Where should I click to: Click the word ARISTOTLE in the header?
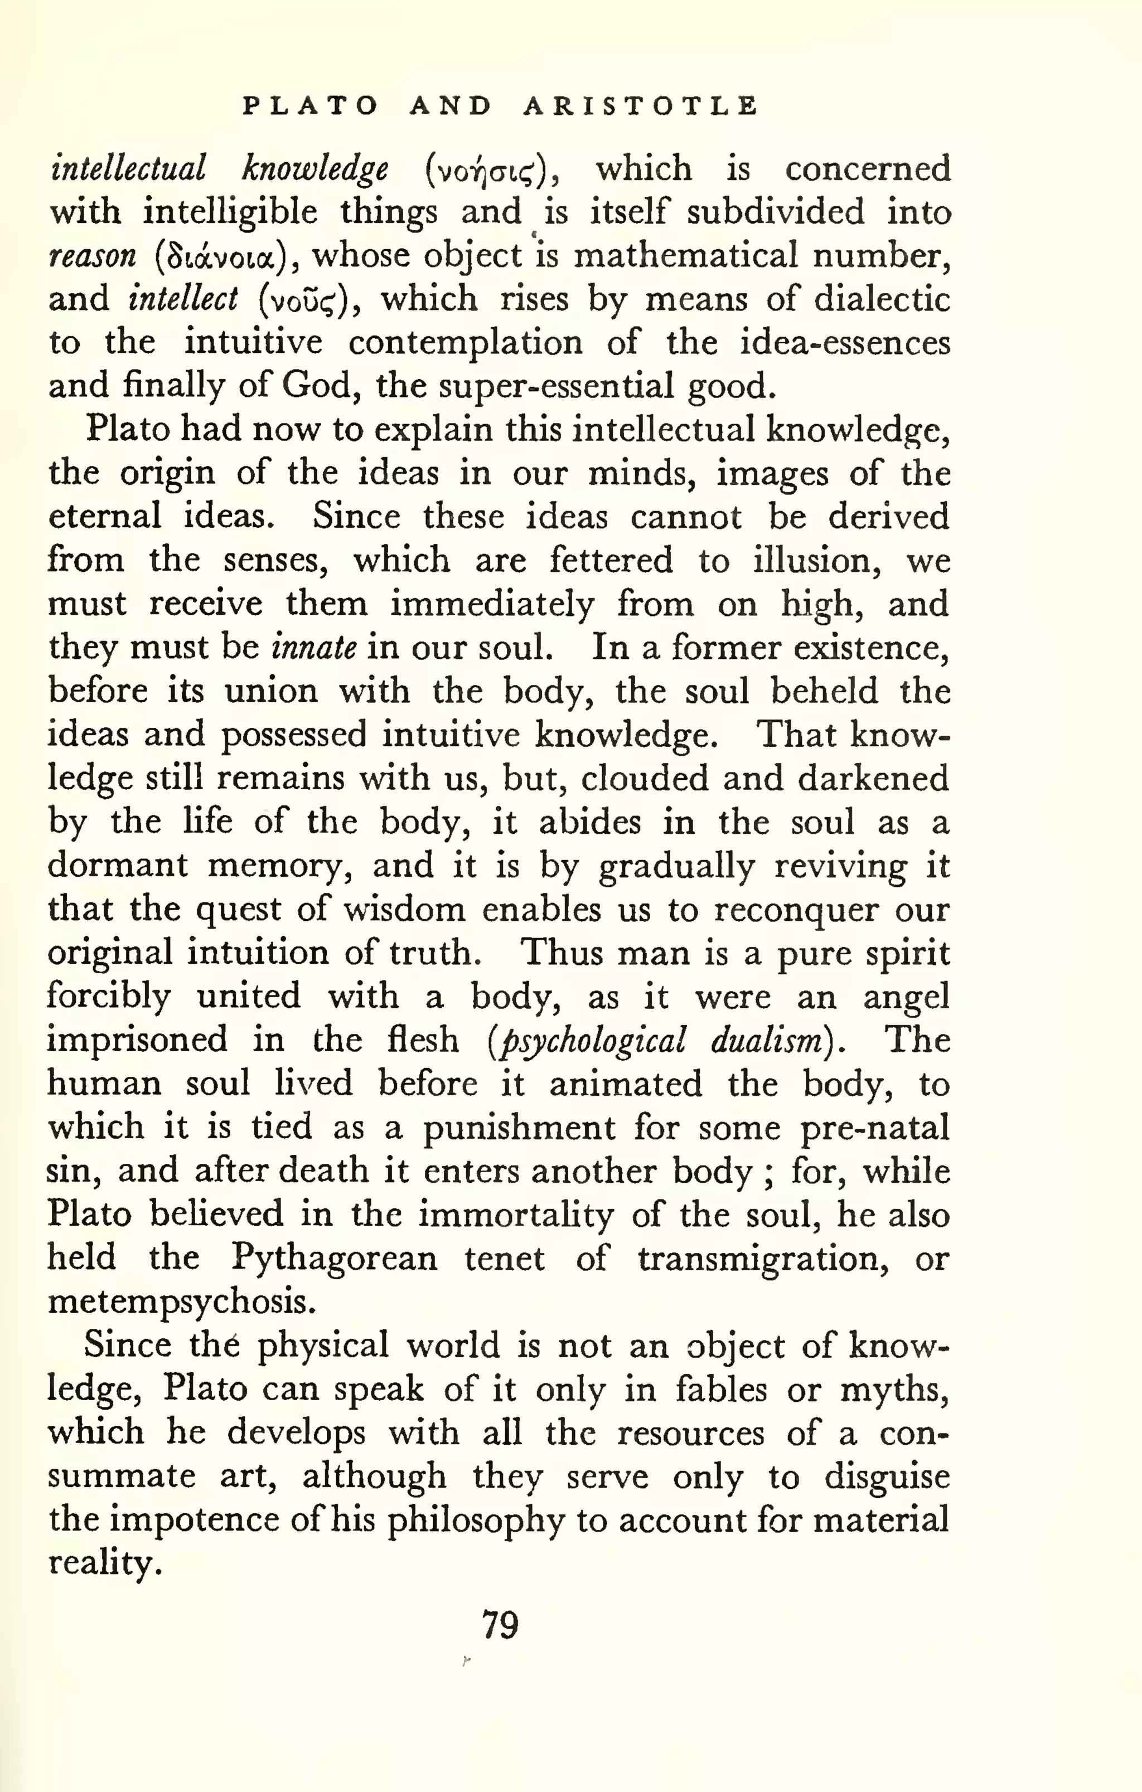[x=640, y=106]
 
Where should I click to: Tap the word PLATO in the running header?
[x=311, y=106]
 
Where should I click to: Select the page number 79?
[x=500, y=1625]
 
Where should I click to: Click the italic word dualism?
[x=767, y=1040]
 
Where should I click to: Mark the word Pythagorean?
[x=333, y=1259]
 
